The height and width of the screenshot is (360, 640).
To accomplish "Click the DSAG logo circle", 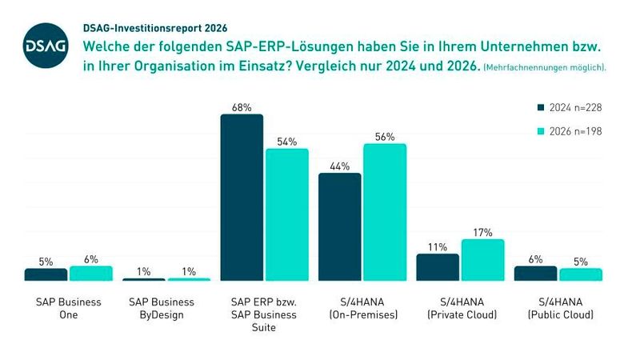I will pyautogui.click(x=39, y=49).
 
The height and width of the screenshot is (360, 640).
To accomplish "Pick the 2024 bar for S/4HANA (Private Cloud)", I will pyautogui.click(x=438, y=267).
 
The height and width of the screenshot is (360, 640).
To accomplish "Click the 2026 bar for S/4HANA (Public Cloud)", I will pyautogui.click(x=580, y=274).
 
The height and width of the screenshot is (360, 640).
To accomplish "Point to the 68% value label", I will pyautogui.click(x=242, y=106).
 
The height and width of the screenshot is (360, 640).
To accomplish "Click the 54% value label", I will pyautogui.click(x=287, y=141).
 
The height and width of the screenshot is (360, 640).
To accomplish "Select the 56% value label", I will pyautogui.click(x=385, y=136).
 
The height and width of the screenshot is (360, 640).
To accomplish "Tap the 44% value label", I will pyautogui.click(x=340, y=166).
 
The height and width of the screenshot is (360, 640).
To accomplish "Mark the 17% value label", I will pyautogui.click(x=482, y=232).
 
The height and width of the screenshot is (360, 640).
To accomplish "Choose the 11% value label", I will pyautogui.click(x=438, y=246).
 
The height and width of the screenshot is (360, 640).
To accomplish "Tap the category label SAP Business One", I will pyautogui.click(x=69, y=308).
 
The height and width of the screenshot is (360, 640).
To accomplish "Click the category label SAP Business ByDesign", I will pyautogui.click(x=166, y=308).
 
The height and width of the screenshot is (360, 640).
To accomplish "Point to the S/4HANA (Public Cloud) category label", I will pyautogui.click(x=559, y=308).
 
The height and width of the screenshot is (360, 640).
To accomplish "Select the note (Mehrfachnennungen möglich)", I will pyautogui.click(x=545, y=68).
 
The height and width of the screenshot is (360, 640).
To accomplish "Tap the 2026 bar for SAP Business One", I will pyautogui.click(x=91, y=274).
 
